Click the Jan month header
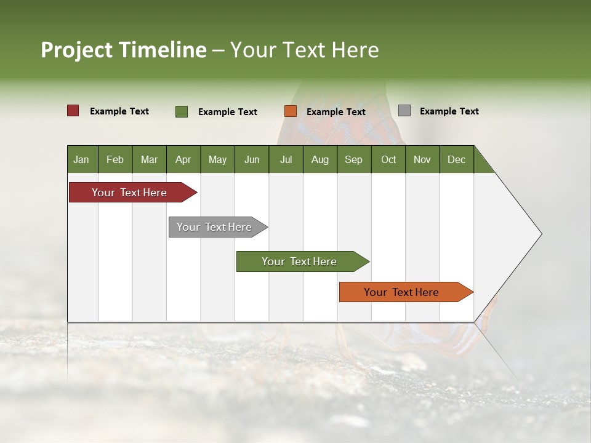81,159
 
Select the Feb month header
115,159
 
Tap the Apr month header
183,159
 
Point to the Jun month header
252,159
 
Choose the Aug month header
320,159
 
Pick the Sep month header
353,159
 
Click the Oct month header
388,159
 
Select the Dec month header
456,159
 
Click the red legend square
73,111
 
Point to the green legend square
182,111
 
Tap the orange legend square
291,111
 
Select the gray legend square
404,111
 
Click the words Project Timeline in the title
123,50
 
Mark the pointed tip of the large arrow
541,234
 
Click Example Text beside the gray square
449,111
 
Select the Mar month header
149,159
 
